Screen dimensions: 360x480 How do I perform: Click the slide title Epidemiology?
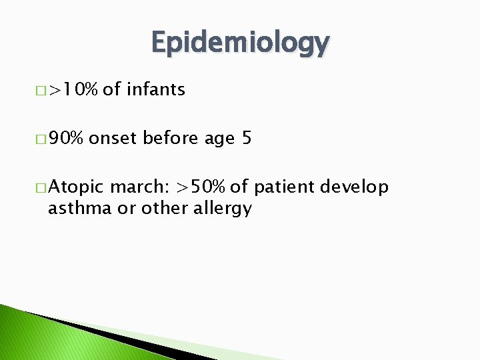240,43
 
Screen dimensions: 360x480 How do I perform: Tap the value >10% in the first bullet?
74,89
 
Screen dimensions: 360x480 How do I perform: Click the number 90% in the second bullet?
66,139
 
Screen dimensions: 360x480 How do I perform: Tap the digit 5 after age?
247,139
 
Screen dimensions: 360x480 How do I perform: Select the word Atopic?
77,188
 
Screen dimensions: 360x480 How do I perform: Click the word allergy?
222,209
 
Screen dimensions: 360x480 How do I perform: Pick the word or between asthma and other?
125,209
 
